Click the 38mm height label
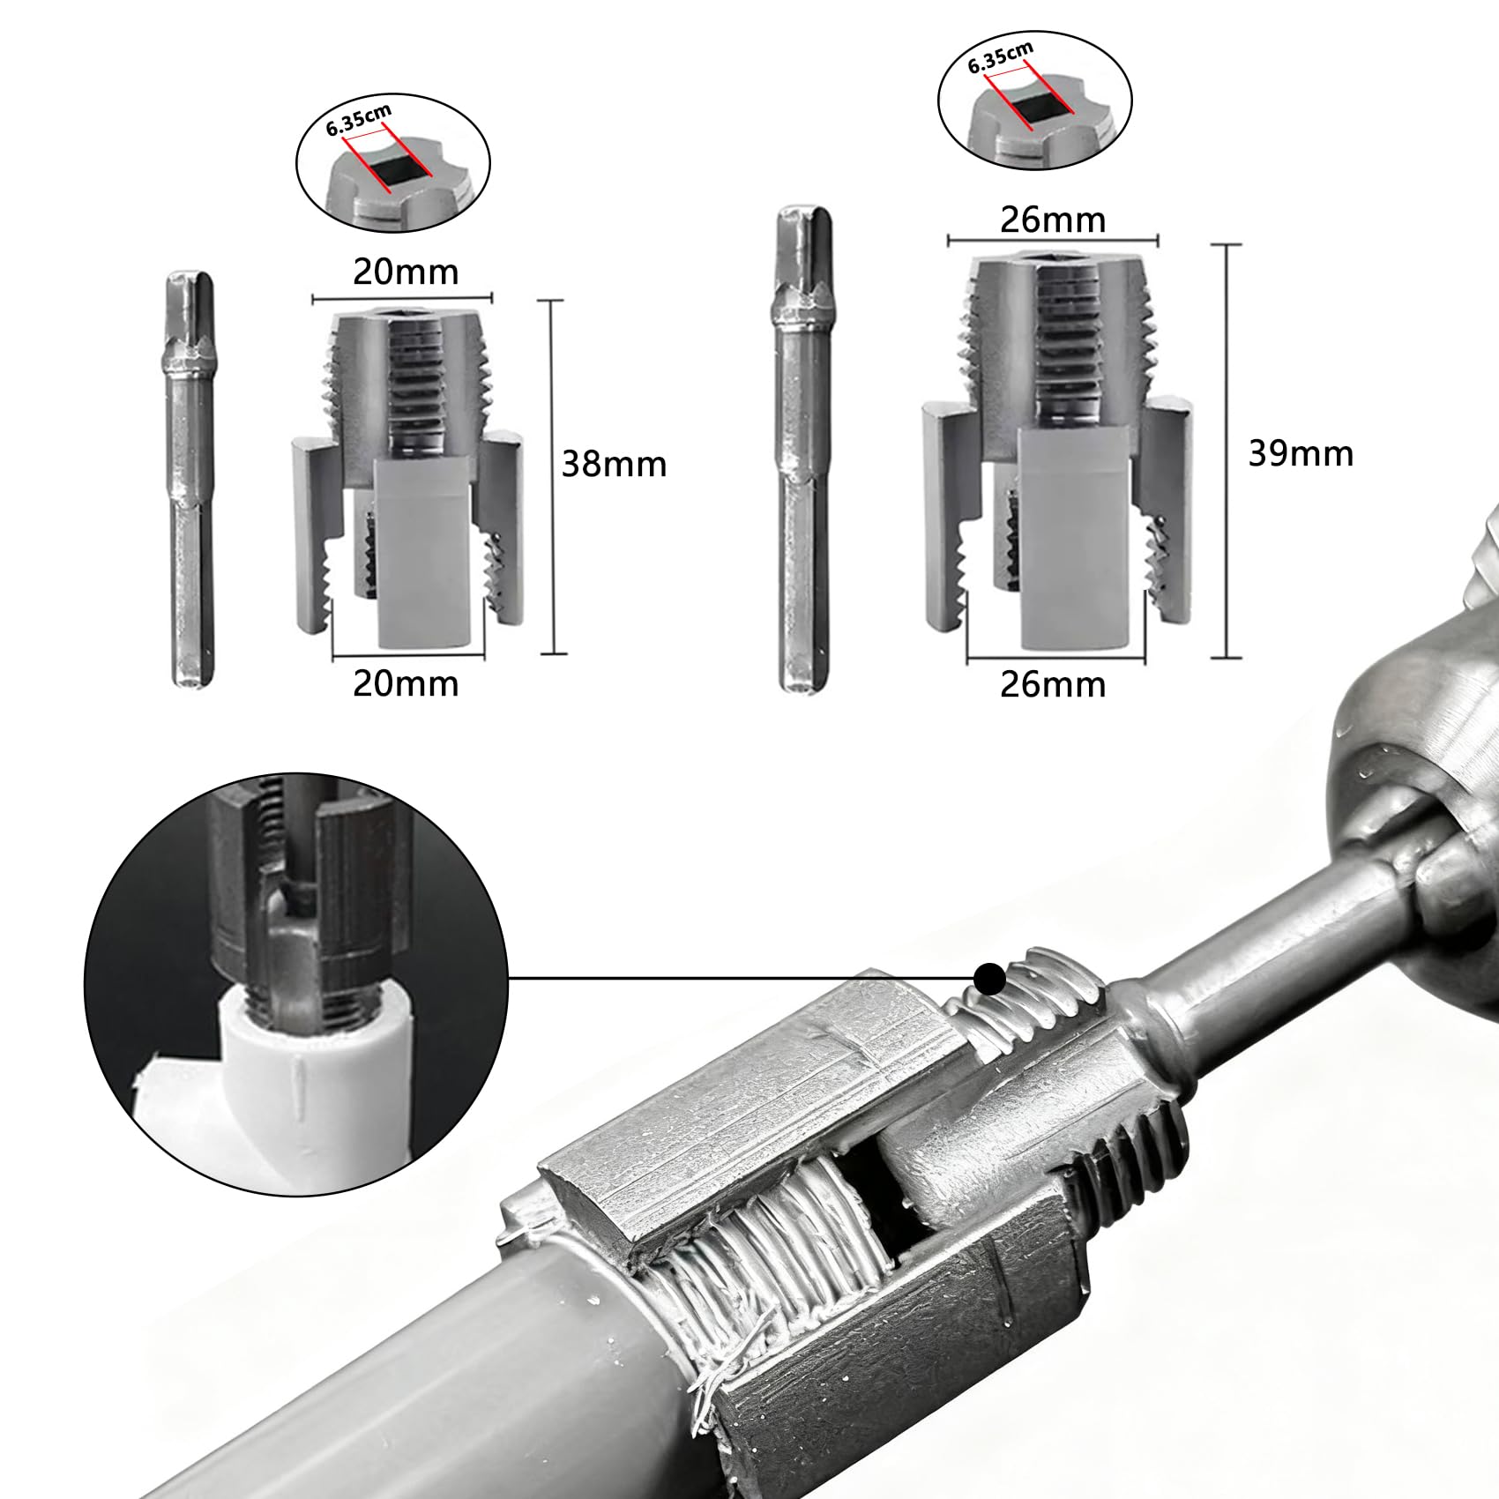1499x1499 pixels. (614, 464)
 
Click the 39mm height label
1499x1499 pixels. (1301, 453)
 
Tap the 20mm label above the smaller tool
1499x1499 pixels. (406, 272)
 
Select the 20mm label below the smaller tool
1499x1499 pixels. (406, 683)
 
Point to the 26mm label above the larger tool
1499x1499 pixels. (1053, 220)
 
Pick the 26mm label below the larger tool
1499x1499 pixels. (1053, 683)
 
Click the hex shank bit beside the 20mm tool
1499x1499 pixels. (190, 480)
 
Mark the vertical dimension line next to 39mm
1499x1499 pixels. (1227, 451)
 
